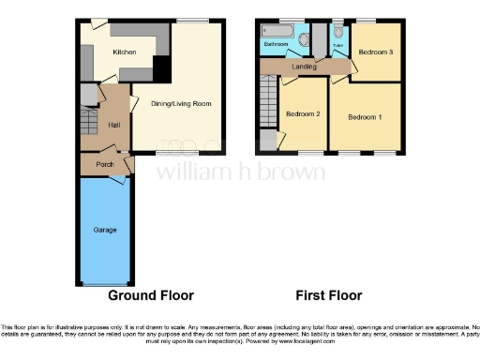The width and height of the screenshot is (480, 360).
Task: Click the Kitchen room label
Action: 125,52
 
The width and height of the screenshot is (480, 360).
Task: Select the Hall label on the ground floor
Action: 114,125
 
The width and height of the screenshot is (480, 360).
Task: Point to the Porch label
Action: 105,163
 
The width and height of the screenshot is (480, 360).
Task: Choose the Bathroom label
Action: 276,44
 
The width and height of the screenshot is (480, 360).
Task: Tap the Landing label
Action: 305,66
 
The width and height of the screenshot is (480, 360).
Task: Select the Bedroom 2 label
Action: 304,113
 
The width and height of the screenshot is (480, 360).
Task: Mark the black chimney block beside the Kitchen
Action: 160,67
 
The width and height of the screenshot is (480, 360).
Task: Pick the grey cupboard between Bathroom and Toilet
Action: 318,39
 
